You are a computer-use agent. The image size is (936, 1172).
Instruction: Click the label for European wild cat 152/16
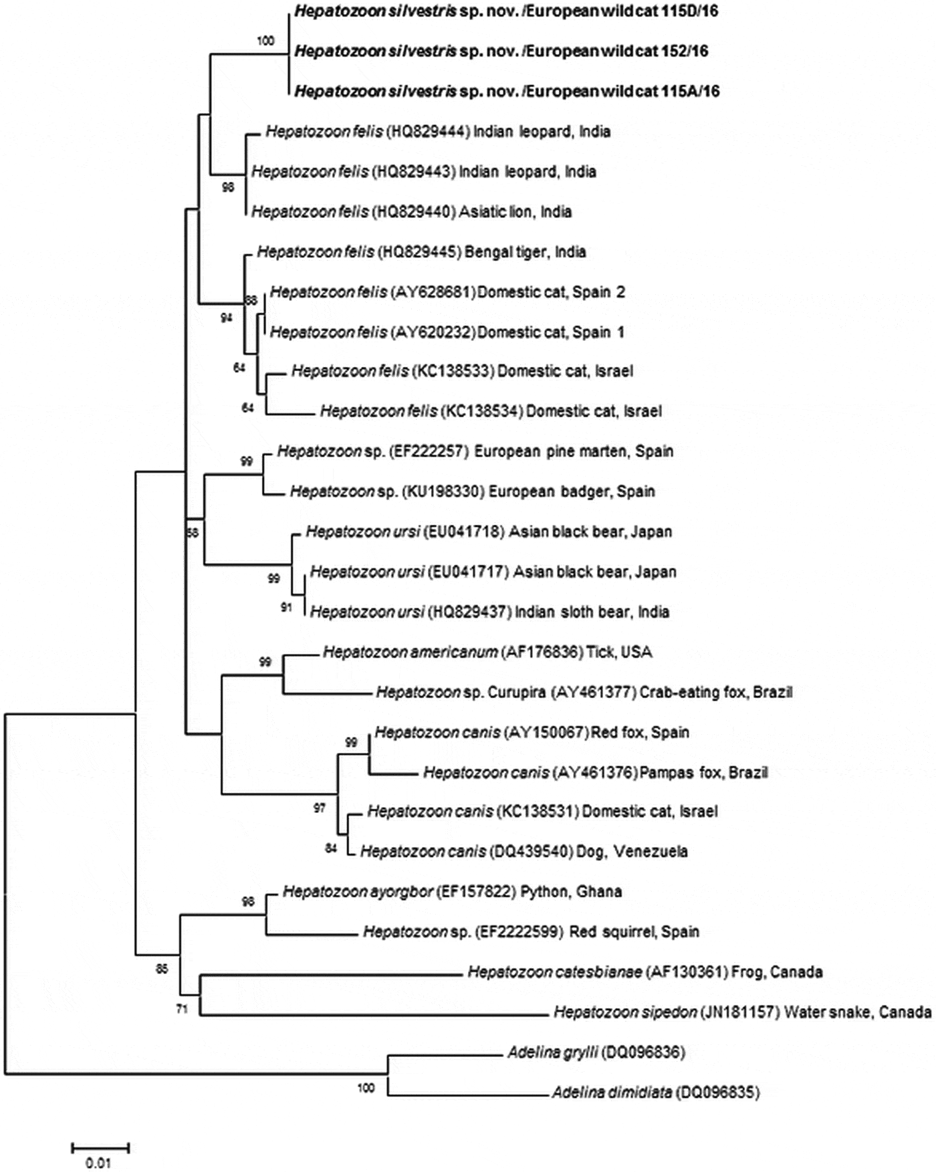(x=501, y=51)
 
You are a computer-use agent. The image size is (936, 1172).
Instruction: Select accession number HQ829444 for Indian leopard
(x=429, y=132)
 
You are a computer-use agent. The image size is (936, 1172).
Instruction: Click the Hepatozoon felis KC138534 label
(x=490, y=411)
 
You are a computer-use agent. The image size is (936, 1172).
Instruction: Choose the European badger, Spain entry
(x=572, y=491)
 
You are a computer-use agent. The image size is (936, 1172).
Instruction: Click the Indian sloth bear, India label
(x=592, y=612)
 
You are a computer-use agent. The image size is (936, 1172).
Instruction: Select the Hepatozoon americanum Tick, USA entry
(x=487, y=652)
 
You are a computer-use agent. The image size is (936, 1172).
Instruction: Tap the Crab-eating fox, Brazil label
(x=715, y=692)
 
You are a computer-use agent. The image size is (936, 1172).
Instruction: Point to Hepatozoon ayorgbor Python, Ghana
(x=452, y=892)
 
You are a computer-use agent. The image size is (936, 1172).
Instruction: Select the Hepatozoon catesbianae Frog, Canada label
(x=645, y=972)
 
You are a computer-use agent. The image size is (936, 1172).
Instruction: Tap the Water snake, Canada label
(x=857, y=1012)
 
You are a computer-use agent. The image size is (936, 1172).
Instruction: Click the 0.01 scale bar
(x=100, y=1149)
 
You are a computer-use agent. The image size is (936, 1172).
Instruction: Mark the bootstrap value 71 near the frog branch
(x=182, y=1010)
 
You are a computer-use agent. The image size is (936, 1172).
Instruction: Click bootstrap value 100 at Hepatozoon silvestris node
(x=265, y=41)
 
